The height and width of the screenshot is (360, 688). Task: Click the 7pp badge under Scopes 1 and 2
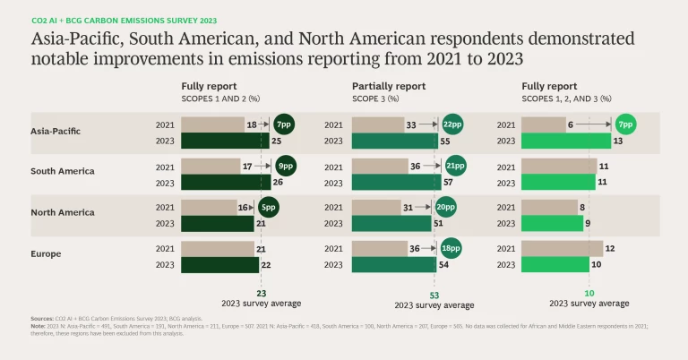pyautogui.click(x=284, y=124)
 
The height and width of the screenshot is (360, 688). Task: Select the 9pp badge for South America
pyautogui.click(x=286, y=166)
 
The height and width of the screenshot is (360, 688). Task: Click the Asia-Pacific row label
pyautogui.click(x=55, y=131)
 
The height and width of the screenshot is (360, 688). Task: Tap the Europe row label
pyautogui.click(x=46, y=254)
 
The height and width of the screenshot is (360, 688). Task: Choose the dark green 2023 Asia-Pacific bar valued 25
pyautogui.click(x=224, y=141)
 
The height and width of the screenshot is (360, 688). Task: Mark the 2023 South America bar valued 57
pyautogui.click(x=396, y=182)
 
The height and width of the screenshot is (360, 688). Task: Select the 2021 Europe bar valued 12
pyautogui.click(x=562, y=248)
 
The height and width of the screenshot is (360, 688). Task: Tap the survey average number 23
pyautogui.click(x=261, y=293)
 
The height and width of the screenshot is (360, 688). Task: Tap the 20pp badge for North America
pyautogui.click(x=446, y=207)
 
